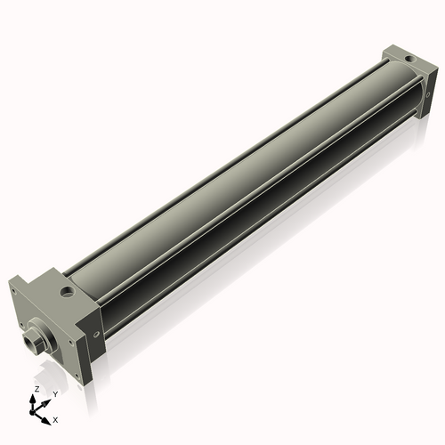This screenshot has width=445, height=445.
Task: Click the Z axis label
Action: pos(36,389)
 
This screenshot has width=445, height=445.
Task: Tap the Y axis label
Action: pos(55,394)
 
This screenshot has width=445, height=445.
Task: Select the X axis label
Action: pos(55,420)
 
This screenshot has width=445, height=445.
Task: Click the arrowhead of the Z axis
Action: pos(32,398)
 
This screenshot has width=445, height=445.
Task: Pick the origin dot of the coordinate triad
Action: pos(32,412)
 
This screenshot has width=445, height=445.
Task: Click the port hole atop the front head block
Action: pos(66,292)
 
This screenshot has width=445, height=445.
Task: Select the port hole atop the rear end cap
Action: pos(411,60)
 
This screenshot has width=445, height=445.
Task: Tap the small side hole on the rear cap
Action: pos(428,95)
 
